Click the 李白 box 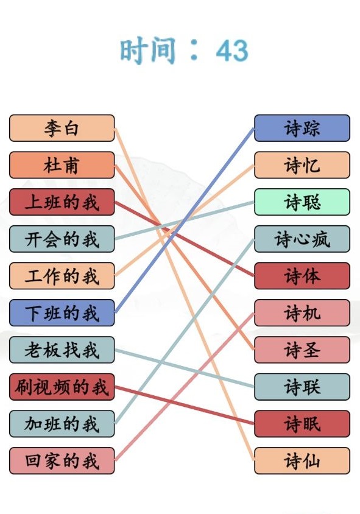[x=62, y=128]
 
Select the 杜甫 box [x=62, y=165]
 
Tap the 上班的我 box [x=62, y=202]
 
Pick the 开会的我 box [x=62, y=239]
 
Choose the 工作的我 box [x=62, y=276]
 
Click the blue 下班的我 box [x=62, y=313]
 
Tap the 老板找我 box [x=62, y=350]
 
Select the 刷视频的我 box [x=62, y=387]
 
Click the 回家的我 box [x=62, y=460]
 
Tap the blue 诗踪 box [x=302, y=128]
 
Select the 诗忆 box [x=302, y=165]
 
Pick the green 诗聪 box [x=302, y=202]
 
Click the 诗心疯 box [x=302, y=239]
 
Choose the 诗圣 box [x=302, y=350]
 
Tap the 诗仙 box [x=302, y=460]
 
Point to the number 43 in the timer [x=232, y=51]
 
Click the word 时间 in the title [x=148, y=51]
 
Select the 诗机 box [x=302, y=313]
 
